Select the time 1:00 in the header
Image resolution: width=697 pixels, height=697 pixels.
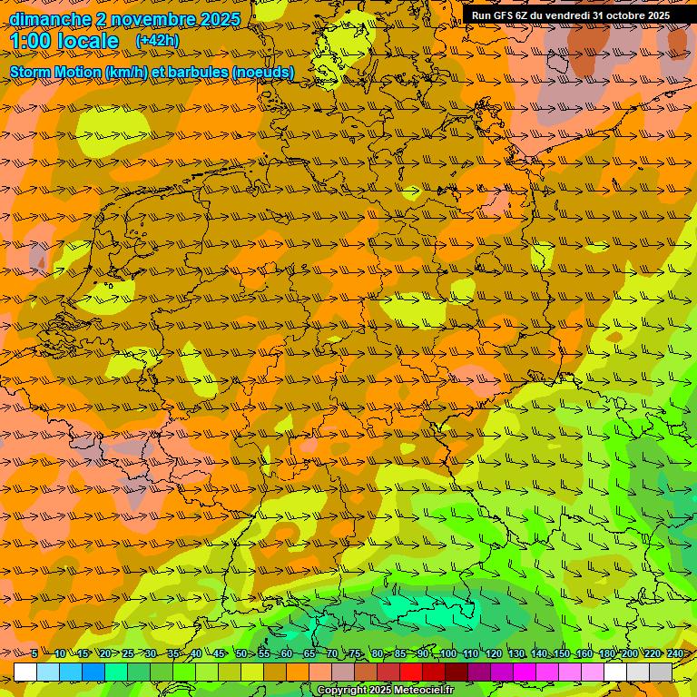[x=31, y=41]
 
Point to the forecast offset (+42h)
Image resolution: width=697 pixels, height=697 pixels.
[x=157, y=41]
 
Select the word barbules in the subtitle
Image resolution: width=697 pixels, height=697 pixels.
[x=200, y=72]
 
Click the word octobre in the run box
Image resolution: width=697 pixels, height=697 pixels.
[x=626, y=15]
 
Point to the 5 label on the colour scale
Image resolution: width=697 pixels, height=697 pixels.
[x=34, y=653]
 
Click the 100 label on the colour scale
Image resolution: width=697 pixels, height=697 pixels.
[x=447, y=653]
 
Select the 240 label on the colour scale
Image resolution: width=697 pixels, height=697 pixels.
[x=674, y=653]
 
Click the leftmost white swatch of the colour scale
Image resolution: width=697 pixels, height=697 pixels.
[x=25, y=672]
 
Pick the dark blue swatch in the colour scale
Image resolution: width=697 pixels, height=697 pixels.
[x=93, y=672]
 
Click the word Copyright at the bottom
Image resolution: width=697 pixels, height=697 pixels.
[x=342, y=691]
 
